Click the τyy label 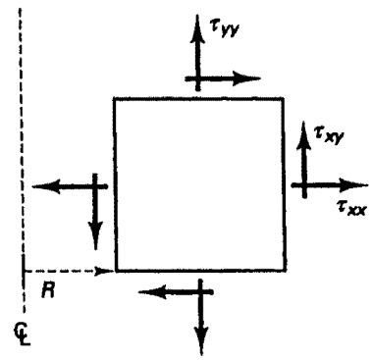(x=225, y=28)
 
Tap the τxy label (x=329, y=135)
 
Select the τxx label (x=351, y=208)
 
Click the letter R (x=48, y=290)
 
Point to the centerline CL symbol (x=23, y=334)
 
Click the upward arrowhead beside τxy (x=304, y=136)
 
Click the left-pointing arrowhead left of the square (x=46, y=186)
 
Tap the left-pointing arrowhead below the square (x=153, y=292)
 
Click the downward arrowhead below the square (x=201, y=341)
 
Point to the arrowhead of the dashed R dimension (x=104, y=271)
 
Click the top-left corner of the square (x=115, y=98)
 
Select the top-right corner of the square (x=283, y=98)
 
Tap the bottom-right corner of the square (x=286, y=271)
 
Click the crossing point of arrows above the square (x=197, y=78)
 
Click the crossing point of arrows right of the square (x=304, y=185)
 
